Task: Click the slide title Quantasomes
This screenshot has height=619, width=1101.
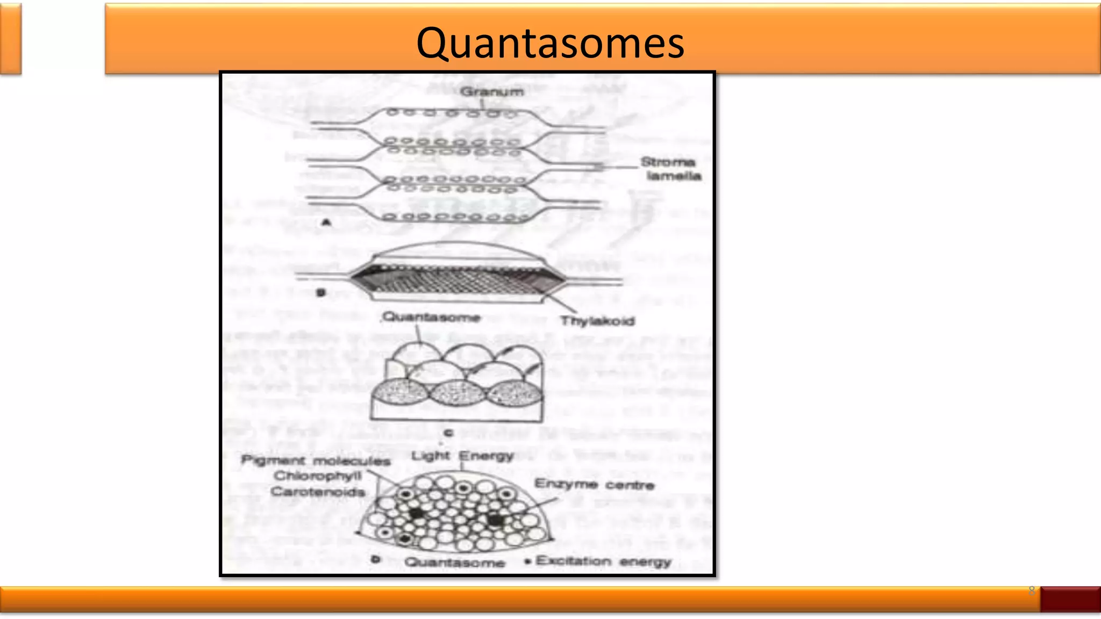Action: click(x=550, y=43)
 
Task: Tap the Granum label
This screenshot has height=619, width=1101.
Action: click(x=491, y=91)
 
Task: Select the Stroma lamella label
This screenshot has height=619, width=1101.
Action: click(x=670, y=169)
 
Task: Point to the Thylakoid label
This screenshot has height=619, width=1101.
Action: click(x=597, y=321)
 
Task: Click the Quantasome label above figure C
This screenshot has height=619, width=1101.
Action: click(x=431, y=317)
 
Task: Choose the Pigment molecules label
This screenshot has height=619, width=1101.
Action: click(x=316, y=460)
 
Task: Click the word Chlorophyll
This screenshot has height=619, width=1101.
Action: click(x=318, y=476)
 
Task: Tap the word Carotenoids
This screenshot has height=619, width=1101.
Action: click(x=318, y=492)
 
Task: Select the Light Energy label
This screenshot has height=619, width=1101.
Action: click(x=462, y=456)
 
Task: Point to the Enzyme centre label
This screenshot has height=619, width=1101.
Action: click(x=594, y=485)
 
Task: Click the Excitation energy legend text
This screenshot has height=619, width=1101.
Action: click(x=603, y=562)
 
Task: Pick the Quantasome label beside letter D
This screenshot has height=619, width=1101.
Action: click(x=454, y=563)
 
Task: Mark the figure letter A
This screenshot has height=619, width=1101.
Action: click(x=326, y=222)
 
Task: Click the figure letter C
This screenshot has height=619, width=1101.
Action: click(x=449, y=433)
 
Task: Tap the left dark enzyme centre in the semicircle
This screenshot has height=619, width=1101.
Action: click(x=417, y=513)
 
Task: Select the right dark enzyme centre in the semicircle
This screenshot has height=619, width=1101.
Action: click(x=495, y=520)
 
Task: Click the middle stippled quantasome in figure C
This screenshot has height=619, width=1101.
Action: click(x=456, y=393)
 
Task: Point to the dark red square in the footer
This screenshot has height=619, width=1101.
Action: click(x=1070, y=599)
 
